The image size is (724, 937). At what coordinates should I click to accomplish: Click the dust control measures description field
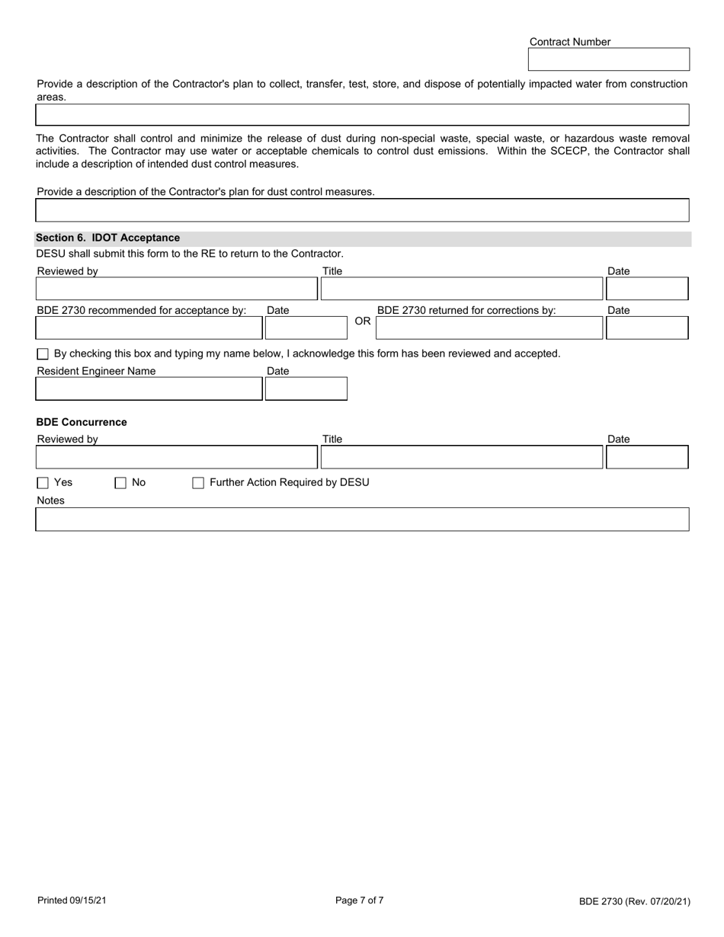[x=362, y=210]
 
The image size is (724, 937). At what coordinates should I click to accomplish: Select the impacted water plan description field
[x=362, y=115]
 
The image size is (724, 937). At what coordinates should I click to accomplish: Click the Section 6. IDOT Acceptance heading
[x=108, y=238]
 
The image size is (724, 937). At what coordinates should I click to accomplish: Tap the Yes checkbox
[x=43, y=483]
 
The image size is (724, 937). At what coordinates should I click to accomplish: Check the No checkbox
[x=120, y=483]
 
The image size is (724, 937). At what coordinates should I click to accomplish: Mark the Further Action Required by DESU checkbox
[x=198, y=483]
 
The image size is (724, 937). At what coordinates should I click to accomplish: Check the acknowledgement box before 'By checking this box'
[x=43, y=354]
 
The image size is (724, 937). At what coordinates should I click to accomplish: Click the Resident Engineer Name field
[x=149, y=389]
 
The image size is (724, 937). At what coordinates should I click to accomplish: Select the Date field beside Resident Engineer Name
[x=306, y=389]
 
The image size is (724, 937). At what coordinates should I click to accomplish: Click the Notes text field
[x=362, y=520]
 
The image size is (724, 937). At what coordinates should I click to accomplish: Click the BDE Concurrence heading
[x=82, y=422]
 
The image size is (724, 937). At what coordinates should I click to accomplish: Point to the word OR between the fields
[x=363, y=321]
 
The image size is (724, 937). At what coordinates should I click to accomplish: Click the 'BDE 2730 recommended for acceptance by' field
[x=149, y=328]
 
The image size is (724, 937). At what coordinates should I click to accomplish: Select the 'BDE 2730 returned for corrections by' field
[x=489, y=328]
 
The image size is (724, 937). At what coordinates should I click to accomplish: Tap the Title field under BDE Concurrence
[x=461, y=457]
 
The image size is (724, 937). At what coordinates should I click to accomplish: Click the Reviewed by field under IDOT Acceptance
[x=176, y=289]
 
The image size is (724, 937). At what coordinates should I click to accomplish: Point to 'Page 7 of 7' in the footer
[x=360, y=900]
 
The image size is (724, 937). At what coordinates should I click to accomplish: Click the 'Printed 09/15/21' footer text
[x=72, y=901]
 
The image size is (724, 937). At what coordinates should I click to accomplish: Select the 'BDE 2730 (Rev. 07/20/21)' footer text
[x=634, y=902]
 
